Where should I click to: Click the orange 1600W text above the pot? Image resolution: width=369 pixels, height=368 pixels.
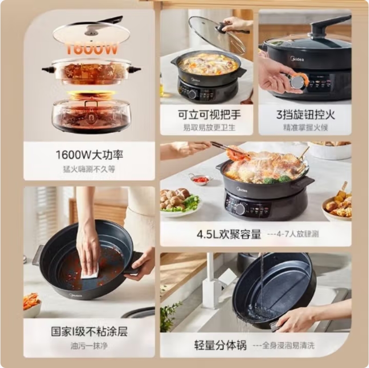pyautogui.click(x=91, y=48)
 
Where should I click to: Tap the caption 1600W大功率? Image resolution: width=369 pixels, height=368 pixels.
pyautogui.click(x=89, y=155)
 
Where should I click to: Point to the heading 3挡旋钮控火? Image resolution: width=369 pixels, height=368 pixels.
pyautogui.click(x=305, y=115)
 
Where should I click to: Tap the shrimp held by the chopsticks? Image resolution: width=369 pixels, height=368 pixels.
pyautogui.click(x=238, y=154)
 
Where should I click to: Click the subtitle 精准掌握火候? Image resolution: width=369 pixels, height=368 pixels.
pyautogui.click(x=305, y=128)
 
